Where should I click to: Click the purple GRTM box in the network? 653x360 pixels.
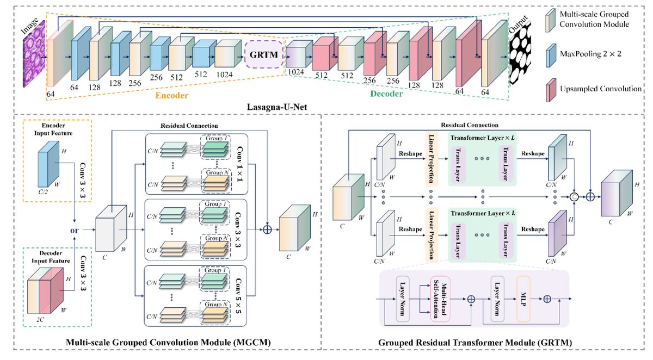263,54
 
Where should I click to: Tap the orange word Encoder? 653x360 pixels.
172,96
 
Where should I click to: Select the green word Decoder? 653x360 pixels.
386,94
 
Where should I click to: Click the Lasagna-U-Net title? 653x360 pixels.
277,107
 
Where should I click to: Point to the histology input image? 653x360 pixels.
34,54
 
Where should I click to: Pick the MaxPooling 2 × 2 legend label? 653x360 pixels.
590,54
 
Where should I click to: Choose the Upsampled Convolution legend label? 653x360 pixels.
601,89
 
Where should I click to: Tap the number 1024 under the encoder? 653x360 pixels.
224,75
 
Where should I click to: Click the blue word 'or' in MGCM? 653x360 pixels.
75,231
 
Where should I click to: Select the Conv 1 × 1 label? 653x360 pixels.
239,164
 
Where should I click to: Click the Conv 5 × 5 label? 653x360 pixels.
238,296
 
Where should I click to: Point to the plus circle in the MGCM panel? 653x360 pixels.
267,229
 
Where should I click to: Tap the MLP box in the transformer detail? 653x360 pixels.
523,299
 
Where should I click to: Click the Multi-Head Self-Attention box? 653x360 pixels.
440,299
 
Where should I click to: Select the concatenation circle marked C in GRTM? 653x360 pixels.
574,197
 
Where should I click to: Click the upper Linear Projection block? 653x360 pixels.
432,160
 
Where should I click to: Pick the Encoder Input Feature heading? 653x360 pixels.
53,129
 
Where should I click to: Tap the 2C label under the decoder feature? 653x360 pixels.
40,320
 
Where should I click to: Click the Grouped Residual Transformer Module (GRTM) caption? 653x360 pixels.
475,343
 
